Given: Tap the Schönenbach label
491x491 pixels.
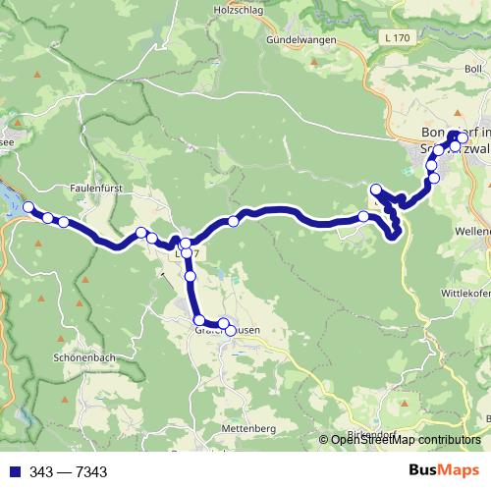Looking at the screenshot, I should pos(86,358).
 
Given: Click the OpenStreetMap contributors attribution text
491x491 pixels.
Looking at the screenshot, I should pos(405,440).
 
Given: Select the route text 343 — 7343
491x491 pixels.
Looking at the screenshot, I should pos(70,472).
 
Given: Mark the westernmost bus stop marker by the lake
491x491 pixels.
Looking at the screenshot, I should pos(28,207).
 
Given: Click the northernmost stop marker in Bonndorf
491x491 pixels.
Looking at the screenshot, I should pos(454,136).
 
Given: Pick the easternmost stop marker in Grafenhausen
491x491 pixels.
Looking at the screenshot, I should pos(231,330).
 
